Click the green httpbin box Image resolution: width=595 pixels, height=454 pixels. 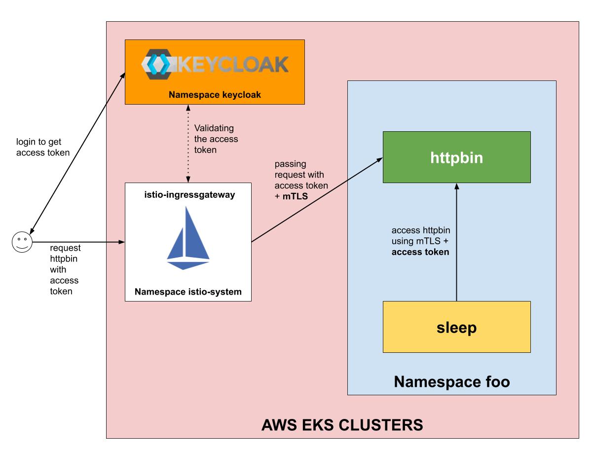coord(456,157)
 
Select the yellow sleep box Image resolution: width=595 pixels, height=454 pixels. coord(456,327)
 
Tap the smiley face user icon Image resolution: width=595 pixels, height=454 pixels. coord(21,242)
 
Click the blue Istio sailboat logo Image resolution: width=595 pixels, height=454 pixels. coord(187,238)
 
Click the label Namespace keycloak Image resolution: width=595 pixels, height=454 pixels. coord(215,94)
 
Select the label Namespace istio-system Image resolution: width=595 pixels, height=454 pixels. coord(188,292)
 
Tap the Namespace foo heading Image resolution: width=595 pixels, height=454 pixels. coord(451,381)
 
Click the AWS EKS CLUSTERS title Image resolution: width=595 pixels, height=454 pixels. coord(342,424)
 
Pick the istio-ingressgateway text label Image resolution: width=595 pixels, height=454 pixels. coord(188,195)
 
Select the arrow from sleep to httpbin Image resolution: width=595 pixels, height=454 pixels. coord(456,242)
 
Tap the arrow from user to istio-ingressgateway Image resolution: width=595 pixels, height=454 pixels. coord(79,242)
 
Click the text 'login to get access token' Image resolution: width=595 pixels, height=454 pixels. coord(43,147)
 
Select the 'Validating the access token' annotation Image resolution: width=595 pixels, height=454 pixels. coord(216,139)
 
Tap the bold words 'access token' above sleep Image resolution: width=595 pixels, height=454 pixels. coord(420,252)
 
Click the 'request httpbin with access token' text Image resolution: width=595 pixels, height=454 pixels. coord(65,269)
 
